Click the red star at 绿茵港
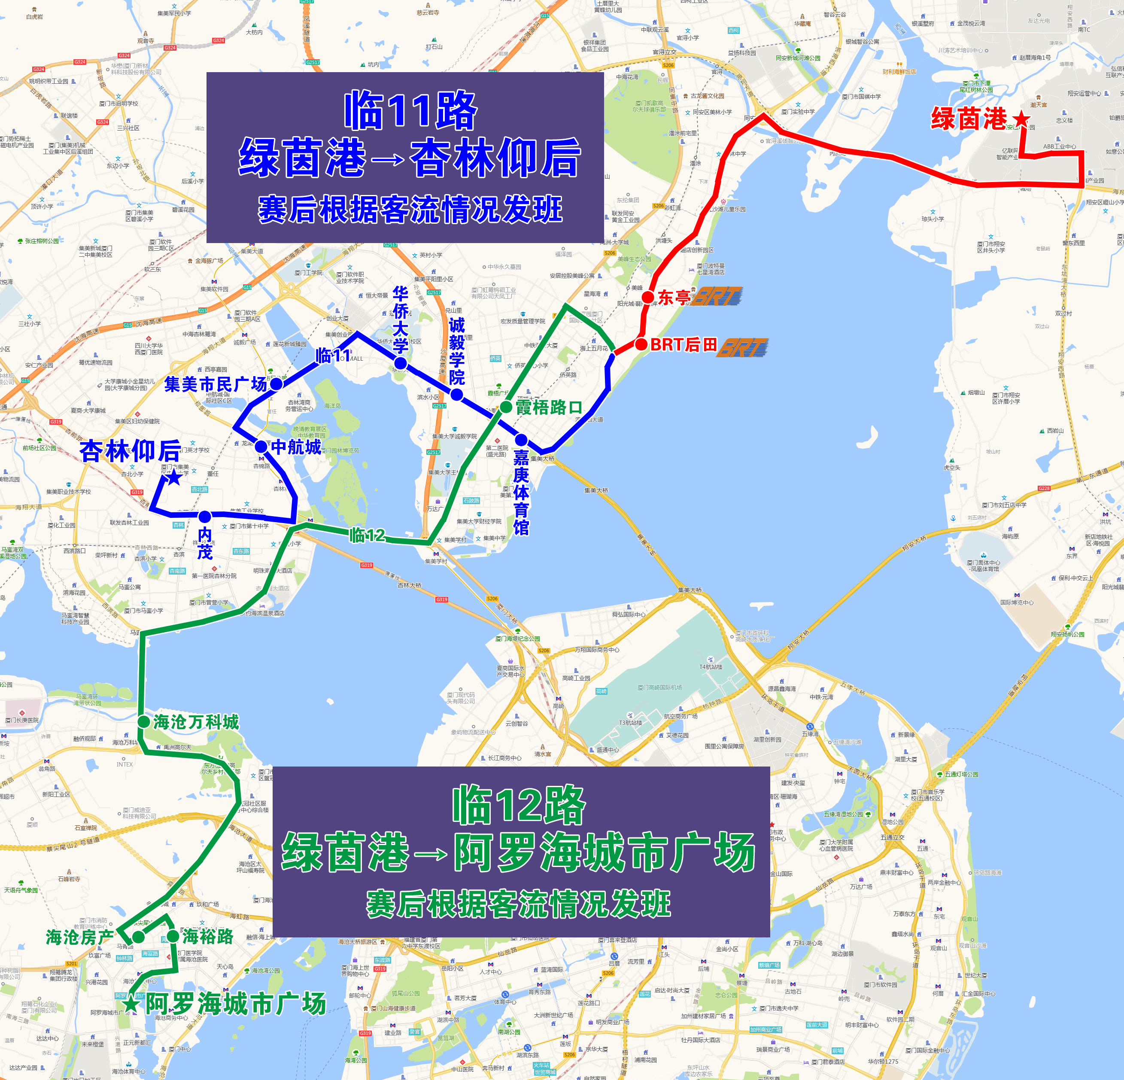(x=1021, y=119)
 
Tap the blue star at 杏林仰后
(x=173, y=477)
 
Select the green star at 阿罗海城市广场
(x=131, y=1004)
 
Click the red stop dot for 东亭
(x=648, y=297)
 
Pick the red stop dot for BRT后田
(x=641, y=345)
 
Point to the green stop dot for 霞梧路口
(x=506, y=407)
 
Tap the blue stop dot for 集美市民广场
(x=276, y=384)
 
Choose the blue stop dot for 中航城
(x=261, y=446)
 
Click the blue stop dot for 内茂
(x=205, y=516)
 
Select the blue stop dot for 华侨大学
(x=401, y=363)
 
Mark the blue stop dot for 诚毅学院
(x=456, y=395)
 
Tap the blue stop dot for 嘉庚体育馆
(x=521, y=440)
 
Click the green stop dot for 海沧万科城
(x=144, y=721)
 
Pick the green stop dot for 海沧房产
(x=138, y=937)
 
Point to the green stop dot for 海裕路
(x=173, y=937)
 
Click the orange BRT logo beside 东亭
(x=717, y=297)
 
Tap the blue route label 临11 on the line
(x=333, y=355)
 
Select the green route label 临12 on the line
(x=367, y=535)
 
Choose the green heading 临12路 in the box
(x=519, y=805)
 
